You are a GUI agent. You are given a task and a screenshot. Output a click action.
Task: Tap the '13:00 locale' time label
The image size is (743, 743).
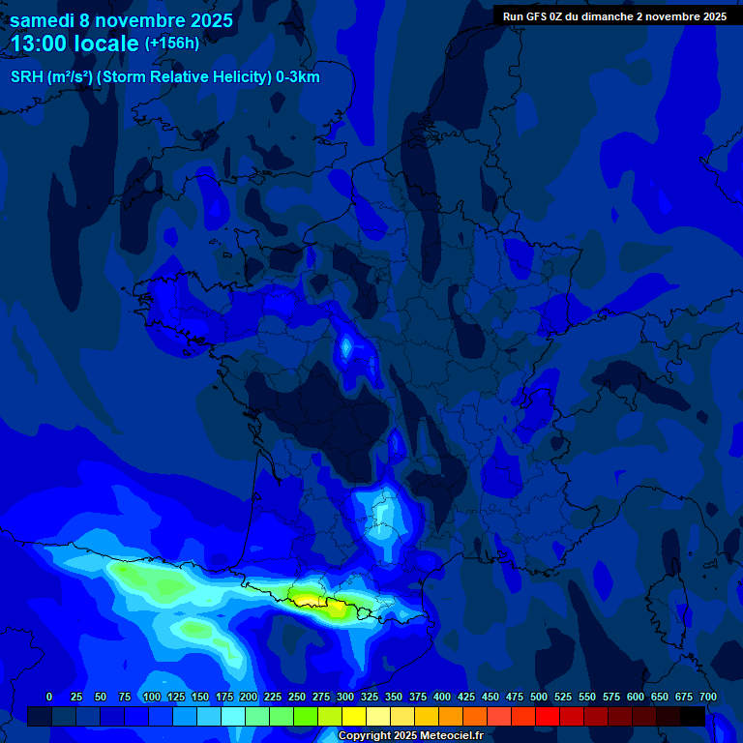coord(75,44)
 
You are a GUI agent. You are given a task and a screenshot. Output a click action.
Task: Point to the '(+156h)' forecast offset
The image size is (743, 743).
coord(172,43)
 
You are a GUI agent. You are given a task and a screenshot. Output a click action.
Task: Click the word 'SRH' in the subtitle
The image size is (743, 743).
coord(26,77)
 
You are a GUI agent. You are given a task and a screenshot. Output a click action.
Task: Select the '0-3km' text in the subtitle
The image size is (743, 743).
coord(297,77)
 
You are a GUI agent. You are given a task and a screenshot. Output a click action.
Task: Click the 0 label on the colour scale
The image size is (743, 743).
coord(49,697)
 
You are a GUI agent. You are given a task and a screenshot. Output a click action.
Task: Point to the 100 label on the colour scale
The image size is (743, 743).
coord(152,697)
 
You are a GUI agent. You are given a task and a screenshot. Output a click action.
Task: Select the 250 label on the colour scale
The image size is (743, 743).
coord(297,697)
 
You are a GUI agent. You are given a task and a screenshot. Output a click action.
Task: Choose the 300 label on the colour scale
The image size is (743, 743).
coord(345,697)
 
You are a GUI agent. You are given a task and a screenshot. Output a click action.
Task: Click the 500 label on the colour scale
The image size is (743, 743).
coord(539,697)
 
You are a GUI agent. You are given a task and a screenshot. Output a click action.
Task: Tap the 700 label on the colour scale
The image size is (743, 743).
coord(707,697)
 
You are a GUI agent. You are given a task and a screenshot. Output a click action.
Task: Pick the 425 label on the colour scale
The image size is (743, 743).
coord(466,697)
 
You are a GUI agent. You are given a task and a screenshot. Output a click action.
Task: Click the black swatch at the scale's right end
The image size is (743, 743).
coord(693,716)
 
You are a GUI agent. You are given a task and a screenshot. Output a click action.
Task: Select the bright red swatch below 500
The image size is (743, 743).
coord(548,716)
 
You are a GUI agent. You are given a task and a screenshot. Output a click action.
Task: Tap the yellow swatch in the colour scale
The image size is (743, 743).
coord(354,716)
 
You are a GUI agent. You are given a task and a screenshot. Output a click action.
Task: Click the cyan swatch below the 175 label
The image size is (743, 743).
coord(233,716)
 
